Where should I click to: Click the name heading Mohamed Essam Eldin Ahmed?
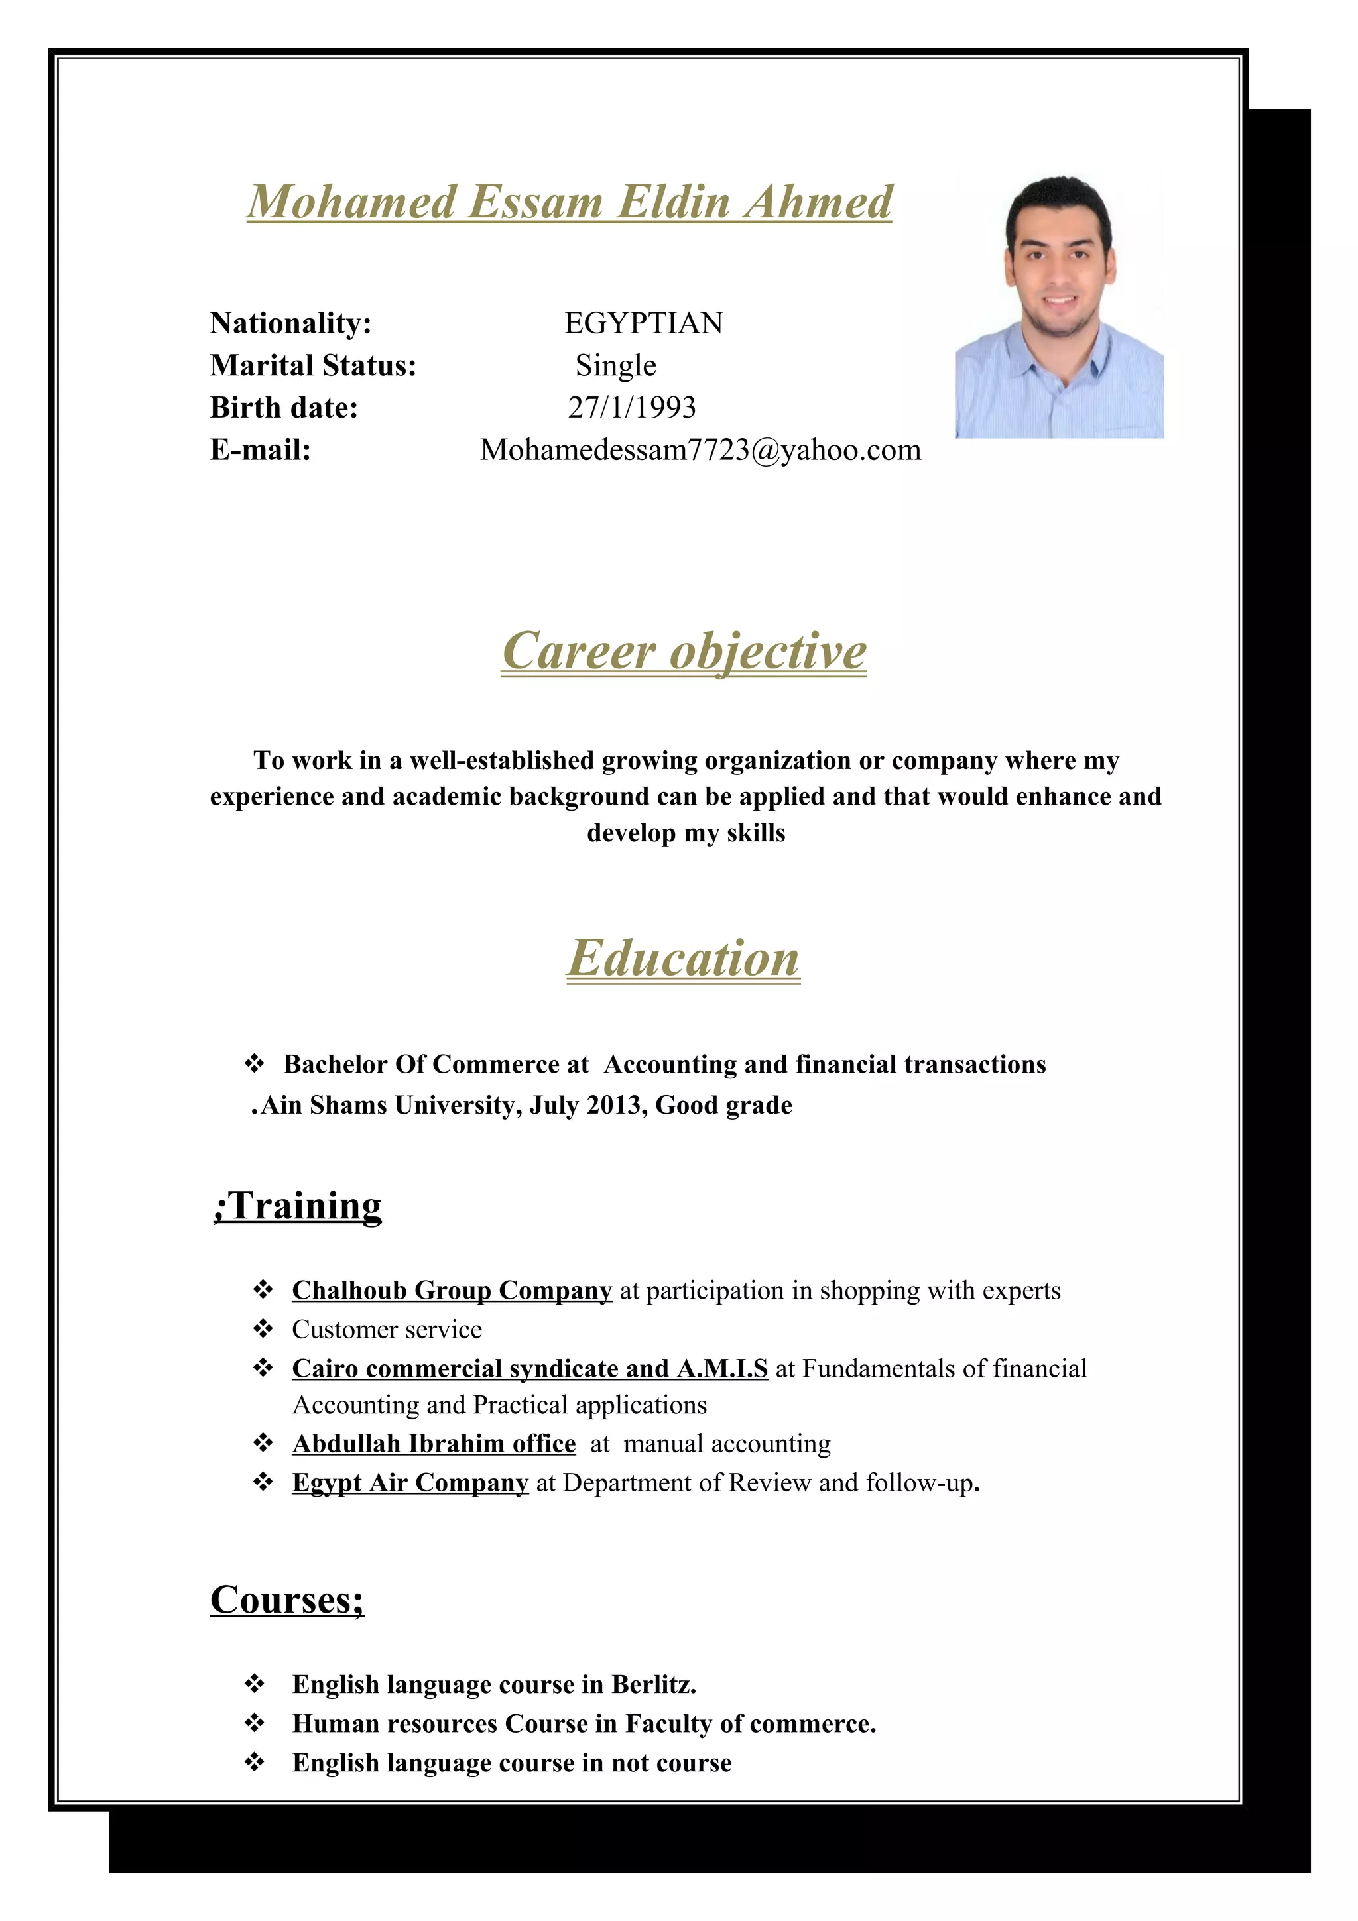coord(569,202)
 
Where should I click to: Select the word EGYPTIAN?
coord(643,323)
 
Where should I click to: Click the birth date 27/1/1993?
coord(632,408)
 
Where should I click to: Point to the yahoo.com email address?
coord(700,450)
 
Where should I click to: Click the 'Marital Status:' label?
coord(313,366)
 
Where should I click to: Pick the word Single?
coord(616,366)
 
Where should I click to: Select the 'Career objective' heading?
coord(684,651)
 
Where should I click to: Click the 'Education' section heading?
coord(684,958)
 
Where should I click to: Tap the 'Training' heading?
coord(298,1206)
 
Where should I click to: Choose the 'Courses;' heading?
coord(287,1600)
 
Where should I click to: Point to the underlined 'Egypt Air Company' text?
coord(410,1483)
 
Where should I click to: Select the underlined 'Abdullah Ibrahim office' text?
coord(434,1443)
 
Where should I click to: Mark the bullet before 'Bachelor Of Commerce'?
coord(255,1063)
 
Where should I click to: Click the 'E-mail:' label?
coord(260,450)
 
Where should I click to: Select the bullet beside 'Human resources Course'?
coord(255,1723)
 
